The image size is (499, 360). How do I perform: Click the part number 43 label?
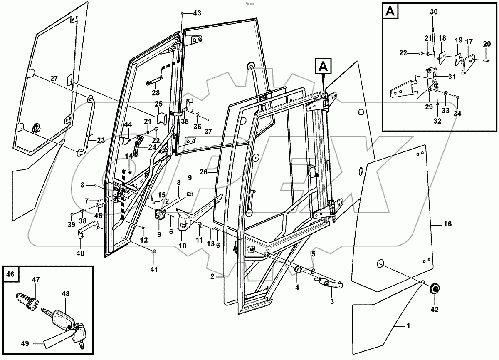pyautogui.click(x=197, y=13)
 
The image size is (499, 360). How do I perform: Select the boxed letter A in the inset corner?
pyautogui.click(x=390, y=12)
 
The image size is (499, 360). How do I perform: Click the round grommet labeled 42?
pyautogui.click(x=435, y=289)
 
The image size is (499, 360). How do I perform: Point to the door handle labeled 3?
pyautogui.click(x=331, y=284)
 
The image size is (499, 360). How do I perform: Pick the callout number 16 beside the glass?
pyautogui.click(x=447, y=224)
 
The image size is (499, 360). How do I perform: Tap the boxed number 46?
pyautogui.click(x=10, y=274)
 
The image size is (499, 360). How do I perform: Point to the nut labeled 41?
pyautogui.click(x=153, y=251)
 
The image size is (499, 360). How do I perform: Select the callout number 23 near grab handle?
pyautogui.click(x=101, y=141)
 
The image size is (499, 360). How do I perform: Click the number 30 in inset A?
pyautogui.click(x=434, y=12)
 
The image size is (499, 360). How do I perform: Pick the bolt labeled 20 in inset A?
pyautogui.click(x=486, y=61)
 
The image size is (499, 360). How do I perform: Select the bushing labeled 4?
pyautogui.click(x=298, y=271)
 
